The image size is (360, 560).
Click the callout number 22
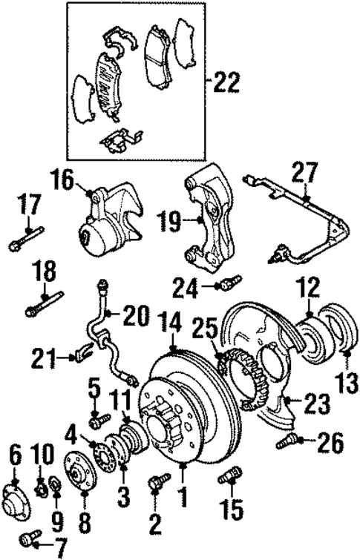tap(226, 82)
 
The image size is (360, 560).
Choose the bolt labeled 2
tap(156, 483)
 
